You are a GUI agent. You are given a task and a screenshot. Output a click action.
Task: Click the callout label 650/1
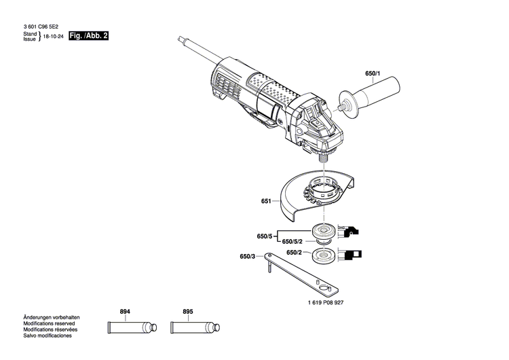click(374, 73)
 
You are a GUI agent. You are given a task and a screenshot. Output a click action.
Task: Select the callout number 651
click(266, 202)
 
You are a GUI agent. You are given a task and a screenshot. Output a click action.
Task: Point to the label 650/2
click(295, 253)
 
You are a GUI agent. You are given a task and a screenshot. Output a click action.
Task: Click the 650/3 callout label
click(248, 257)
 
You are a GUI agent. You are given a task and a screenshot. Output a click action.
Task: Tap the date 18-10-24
click(55, 36)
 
